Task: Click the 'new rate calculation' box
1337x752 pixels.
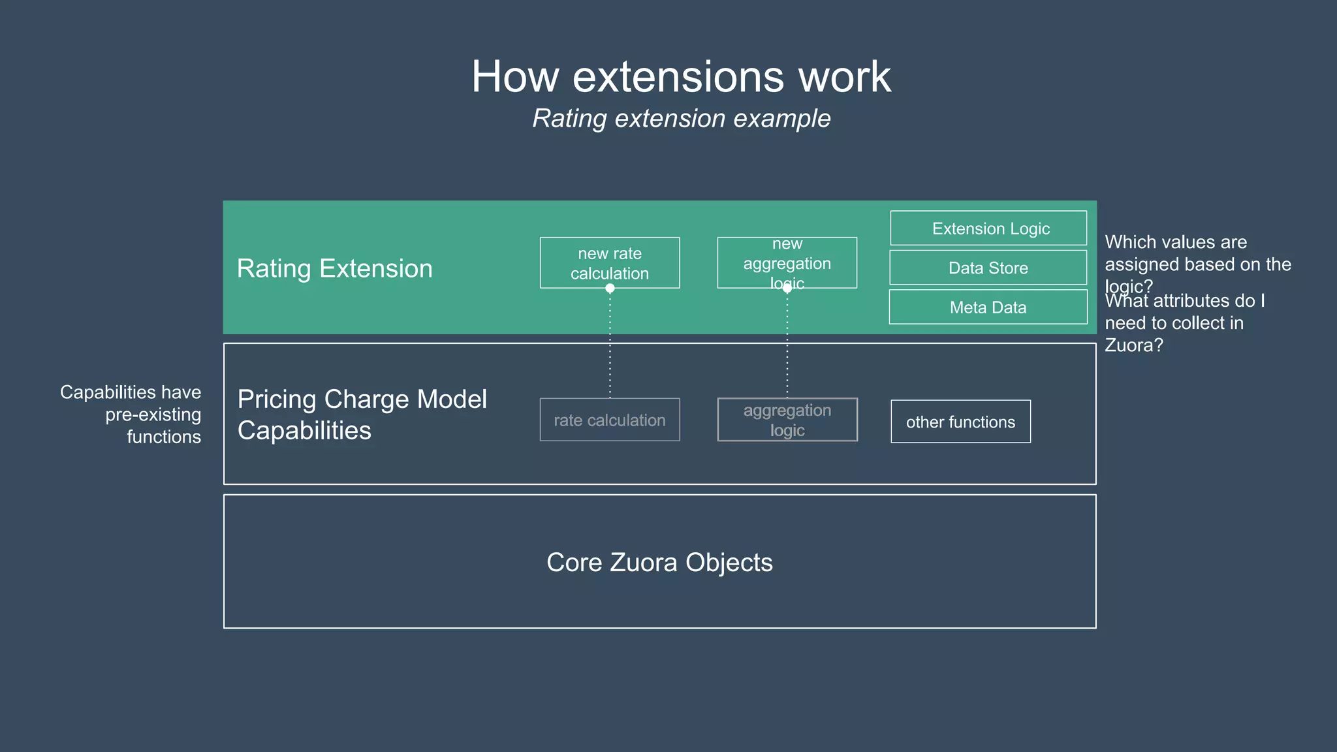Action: coord(610,263)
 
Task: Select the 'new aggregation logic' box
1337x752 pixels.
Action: coord(787,263)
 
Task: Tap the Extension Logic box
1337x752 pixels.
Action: coord(988,228)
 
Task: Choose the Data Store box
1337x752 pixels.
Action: coord(988,268)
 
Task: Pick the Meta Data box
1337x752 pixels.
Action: coord(988,307)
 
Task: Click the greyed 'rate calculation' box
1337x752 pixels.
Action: coord(610,420)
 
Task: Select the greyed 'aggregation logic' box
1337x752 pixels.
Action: coord(787,420)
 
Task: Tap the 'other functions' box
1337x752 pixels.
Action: coord(960,422)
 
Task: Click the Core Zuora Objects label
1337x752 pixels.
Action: coord(659,562)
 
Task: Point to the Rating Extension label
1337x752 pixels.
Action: coord(334,268)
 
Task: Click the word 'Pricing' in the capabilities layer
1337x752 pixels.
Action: coord(276,399)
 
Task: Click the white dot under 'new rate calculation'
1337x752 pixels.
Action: coord(610,289)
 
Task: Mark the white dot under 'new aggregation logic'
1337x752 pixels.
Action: coord(787,289)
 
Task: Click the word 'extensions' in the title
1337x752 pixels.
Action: coord(678,77)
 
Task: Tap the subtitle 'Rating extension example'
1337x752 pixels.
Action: coord(681,119)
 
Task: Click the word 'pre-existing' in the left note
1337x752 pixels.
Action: coord(153,415)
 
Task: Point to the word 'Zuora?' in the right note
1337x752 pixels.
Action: coord(1133,345)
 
